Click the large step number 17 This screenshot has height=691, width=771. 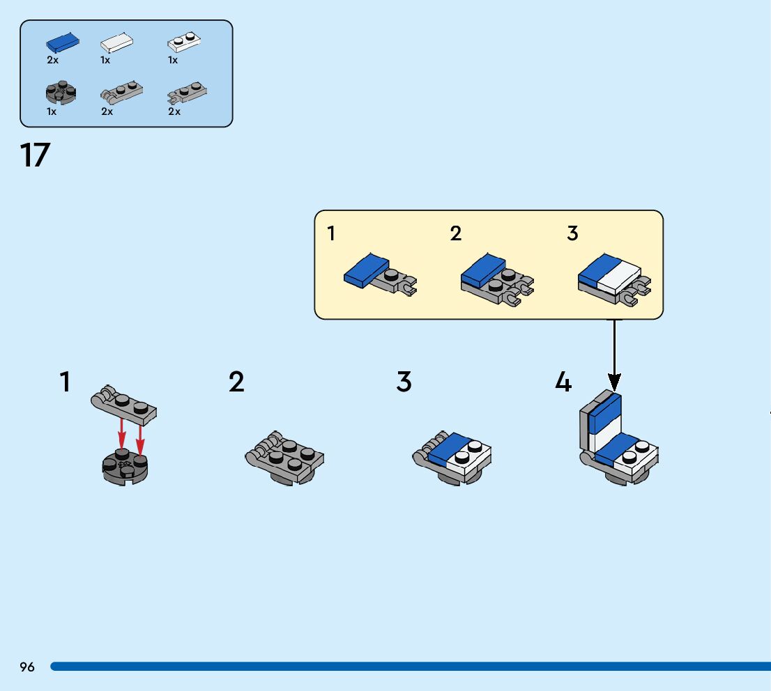35,155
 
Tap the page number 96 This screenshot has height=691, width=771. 27,667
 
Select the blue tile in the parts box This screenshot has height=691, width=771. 63,42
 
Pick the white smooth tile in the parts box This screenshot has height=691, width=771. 116,42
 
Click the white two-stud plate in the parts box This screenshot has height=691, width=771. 184,42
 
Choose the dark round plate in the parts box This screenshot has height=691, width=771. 61,93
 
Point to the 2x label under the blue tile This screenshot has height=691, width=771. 52,60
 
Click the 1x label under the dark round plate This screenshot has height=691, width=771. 52,111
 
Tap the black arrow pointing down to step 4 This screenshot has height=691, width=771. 614,355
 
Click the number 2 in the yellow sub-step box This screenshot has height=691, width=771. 456,233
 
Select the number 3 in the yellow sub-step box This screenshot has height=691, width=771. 572,233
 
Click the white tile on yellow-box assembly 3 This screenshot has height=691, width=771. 619,278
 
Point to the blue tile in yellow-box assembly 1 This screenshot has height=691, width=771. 366,270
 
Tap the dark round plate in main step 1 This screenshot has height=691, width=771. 125,467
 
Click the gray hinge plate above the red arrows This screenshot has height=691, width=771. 124,405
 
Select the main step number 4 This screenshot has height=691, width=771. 563,382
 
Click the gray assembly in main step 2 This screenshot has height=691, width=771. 284,458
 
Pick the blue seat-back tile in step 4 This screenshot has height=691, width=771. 605,414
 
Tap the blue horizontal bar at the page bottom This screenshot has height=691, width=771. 411,667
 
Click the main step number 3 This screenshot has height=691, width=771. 404,382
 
